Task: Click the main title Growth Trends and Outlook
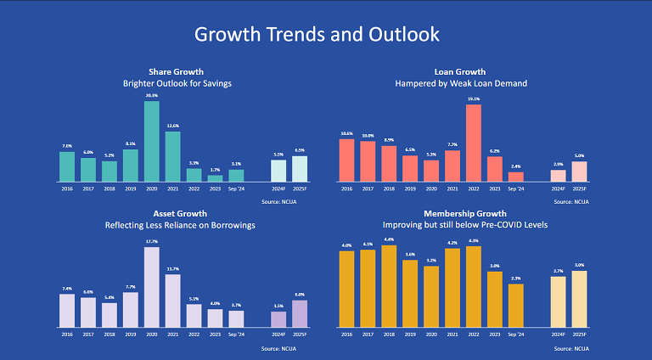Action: [x=317, y=35]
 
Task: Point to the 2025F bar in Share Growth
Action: [x=299, y=168]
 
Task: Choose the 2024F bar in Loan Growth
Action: [x=558, y=176]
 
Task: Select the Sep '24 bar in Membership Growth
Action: [x=516, y=305]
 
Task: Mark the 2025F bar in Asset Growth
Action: [x=299, y=313]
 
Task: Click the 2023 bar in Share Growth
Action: [x=215, y=178]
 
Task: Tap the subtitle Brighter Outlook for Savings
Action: [x=177, y=84]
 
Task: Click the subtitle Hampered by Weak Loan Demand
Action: [x=461, y=84]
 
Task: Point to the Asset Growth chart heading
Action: [x=177, y=214]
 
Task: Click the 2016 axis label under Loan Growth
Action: [x=346, y=189]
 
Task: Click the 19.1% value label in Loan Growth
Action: [x=474, y=98]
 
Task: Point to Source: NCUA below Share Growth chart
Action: [x=283, y=202]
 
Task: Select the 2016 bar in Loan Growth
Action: [x=346, y=160]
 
